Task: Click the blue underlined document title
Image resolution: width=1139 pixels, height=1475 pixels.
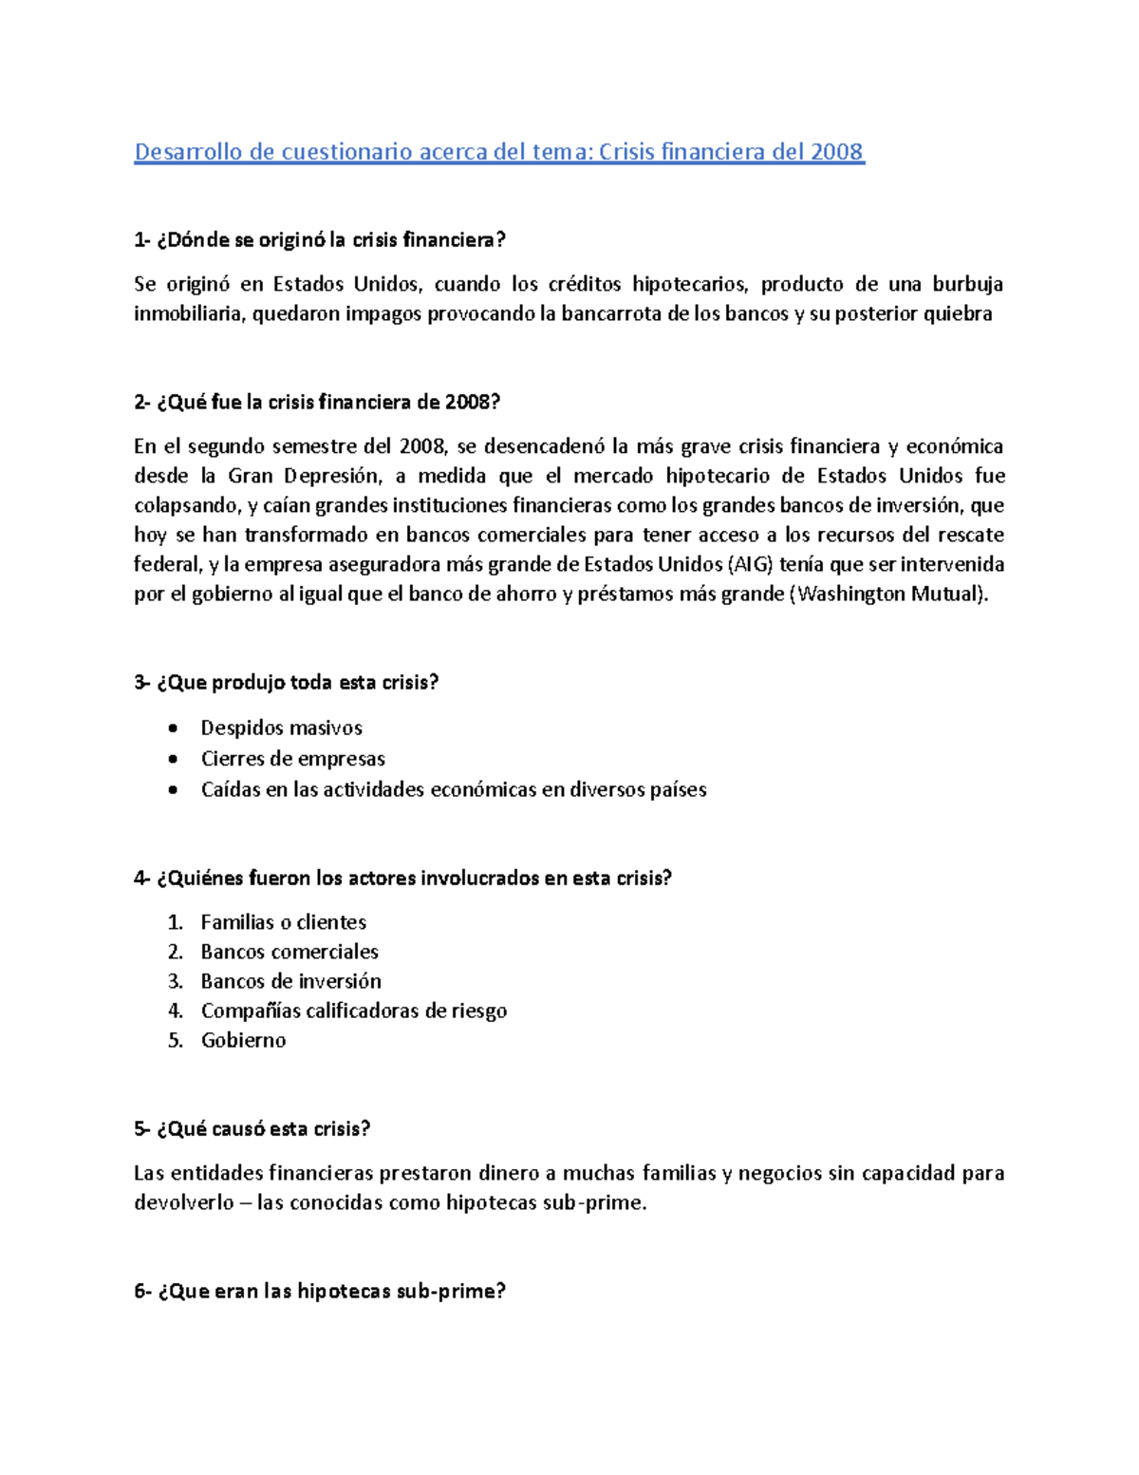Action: click(499, 152)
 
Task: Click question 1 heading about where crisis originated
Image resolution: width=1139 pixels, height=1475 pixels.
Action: click(320, 240)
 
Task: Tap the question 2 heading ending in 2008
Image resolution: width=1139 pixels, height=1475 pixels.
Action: click(317, 402)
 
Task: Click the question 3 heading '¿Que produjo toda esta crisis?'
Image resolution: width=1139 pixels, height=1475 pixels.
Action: click(287, 682)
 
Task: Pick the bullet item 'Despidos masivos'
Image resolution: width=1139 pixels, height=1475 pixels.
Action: click(281, 728)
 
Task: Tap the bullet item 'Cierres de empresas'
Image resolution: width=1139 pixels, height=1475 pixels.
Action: click(292, 758)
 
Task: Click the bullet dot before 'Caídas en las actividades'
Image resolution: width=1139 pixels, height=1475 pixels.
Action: click(172, 789)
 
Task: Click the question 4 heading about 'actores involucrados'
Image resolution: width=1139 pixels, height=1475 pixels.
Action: click(402, 878)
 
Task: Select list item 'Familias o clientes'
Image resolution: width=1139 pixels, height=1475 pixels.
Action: click(283, 921)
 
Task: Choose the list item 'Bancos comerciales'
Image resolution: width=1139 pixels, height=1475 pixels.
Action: click(289, 951)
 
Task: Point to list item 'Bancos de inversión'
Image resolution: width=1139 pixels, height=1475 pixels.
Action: click(290, 980)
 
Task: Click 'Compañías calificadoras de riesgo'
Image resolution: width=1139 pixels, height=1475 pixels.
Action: click(353, 1010)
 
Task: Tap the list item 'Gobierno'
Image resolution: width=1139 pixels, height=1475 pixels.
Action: click(243, 1039)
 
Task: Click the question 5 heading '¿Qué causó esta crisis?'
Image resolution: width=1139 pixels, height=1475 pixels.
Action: click(252, 1128)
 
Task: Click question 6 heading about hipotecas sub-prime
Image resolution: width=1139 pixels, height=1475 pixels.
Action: click(320, 1291)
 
